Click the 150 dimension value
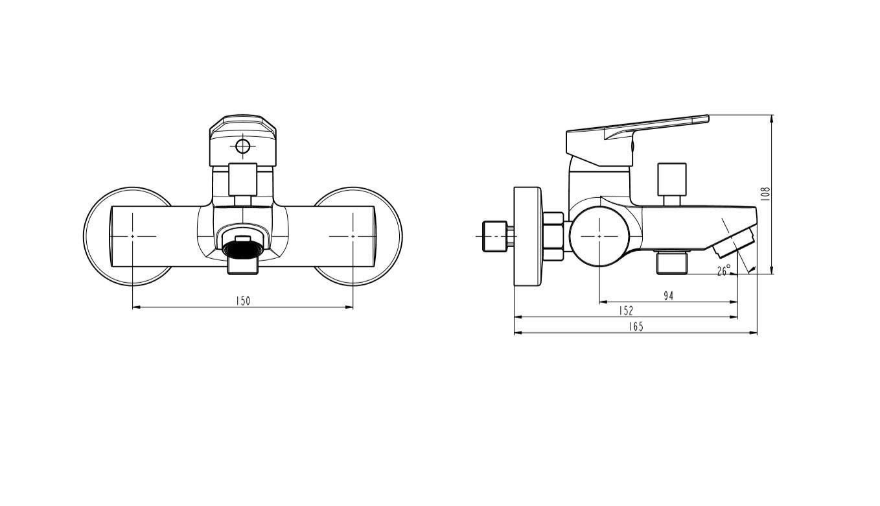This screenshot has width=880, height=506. click(243, 301)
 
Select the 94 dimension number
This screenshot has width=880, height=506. click(668, 296)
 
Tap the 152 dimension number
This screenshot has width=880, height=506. click(626, 311)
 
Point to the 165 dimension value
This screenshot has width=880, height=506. click(636, 326)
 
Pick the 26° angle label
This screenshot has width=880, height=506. click(724, 271)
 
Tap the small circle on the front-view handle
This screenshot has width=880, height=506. click(243, 147)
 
